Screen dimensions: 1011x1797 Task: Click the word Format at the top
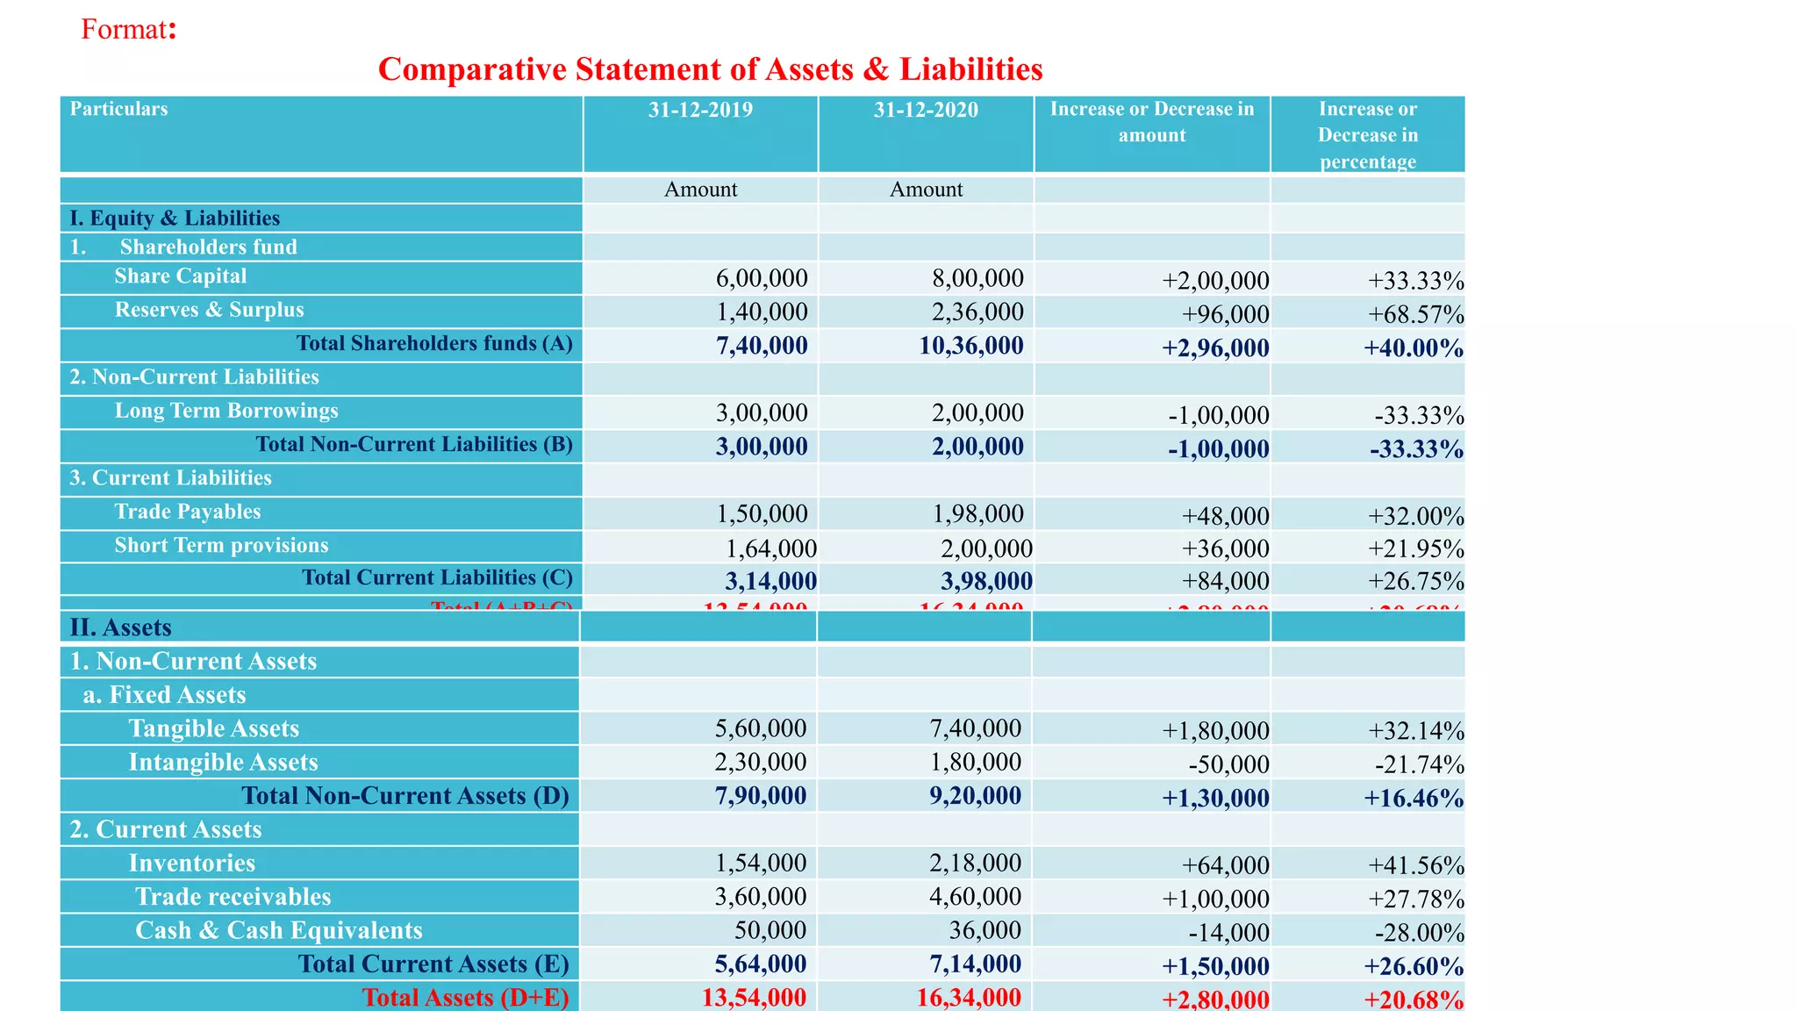tap(124, 29)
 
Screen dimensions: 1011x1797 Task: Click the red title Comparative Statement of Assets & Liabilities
tap(710, 69)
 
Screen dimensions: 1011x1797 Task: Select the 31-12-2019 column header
tap(700, 110)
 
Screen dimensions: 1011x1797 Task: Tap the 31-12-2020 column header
tap(926, 110)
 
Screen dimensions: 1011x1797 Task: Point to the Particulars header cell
tap(118, 109)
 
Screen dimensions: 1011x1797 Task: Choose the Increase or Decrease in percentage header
tap(1367, 135)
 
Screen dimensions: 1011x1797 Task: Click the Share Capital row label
tap(180, 276)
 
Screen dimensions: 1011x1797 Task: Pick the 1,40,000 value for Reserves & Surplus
tap(762, 312)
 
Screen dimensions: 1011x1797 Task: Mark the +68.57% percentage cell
tap(1415, 314)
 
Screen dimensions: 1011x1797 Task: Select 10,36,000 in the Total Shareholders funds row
tap(970, 346)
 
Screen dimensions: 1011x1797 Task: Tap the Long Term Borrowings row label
tap(226, 411)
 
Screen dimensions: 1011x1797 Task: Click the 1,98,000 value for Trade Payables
tap(977, 513)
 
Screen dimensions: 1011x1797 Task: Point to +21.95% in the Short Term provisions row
tap(1415, 549)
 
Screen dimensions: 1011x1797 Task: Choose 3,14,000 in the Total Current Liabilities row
tap(770, 581)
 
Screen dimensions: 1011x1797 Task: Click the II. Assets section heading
tap(120, 627)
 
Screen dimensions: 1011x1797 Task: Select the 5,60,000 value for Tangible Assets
tap(760, 728)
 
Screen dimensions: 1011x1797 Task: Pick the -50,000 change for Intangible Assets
tap(1228, 764)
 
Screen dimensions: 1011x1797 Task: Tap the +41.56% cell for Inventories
tap(1415, 865)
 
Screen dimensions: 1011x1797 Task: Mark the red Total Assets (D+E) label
tap(465, 998)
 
